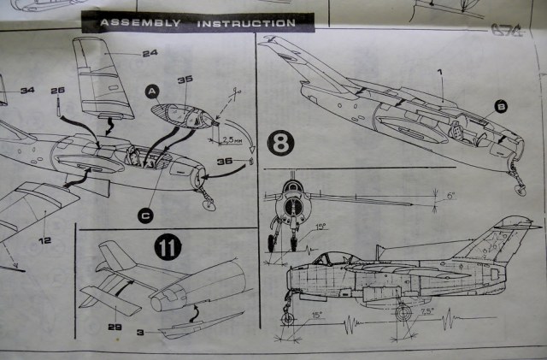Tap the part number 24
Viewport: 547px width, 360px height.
point(150,53)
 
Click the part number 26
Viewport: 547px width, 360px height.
point(57,90)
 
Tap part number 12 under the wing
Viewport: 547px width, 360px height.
point(43,217)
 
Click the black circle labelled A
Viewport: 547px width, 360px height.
point(151,90)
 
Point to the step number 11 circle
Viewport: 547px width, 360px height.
point(168,250)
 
